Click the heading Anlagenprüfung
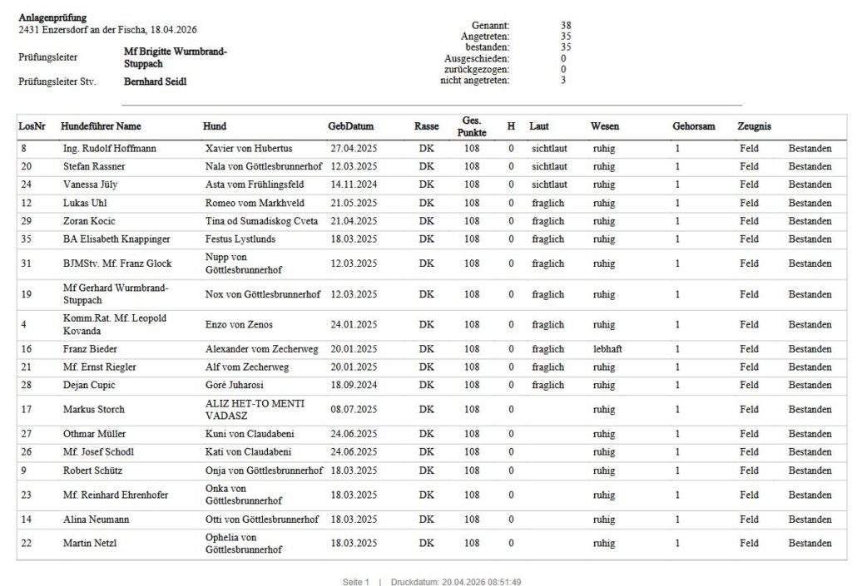(x=52, y=17)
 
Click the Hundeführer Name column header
(x=101, y=126)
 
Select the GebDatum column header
(x=351, y=126)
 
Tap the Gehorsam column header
(x=693, y=126)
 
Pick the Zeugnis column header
(x=754, y=126)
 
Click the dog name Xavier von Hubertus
(x=249, y=149)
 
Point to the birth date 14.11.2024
(x=354, y=185)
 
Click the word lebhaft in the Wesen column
(x=607, y=349)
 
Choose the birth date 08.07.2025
(x=354, y=410)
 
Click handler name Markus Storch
(x=94, y=410)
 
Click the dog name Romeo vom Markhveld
(x=255, y=203)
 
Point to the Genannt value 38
(x=566, y=26)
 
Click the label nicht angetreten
(x=474, y=80)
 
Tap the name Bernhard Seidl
(x=155, y=82)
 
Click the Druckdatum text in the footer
(x=456, y=582)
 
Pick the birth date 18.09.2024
(x=354, y=386)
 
